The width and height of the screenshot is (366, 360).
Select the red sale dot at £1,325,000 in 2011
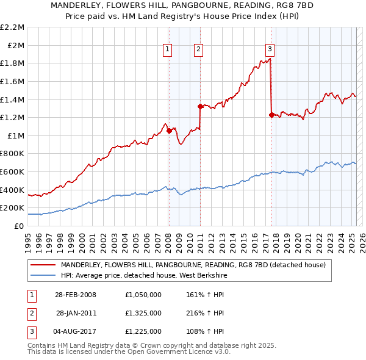pyautogui.click(x=200, y=106)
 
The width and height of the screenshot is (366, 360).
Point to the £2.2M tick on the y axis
pyautogui.click(x=12, y=27)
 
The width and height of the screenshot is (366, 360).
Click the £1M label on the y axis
pyautogui.click(x=16, y=135)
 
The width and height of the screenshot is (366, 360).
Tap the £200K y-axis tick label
pyautogui.click(x=12, y=208)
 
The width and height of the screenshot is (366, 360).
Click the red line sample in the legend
pyautogui.click(x=43, y=265)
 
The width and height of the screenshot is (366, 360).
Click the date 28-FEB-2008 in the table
pyautogui.click(x=76, y=295)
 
